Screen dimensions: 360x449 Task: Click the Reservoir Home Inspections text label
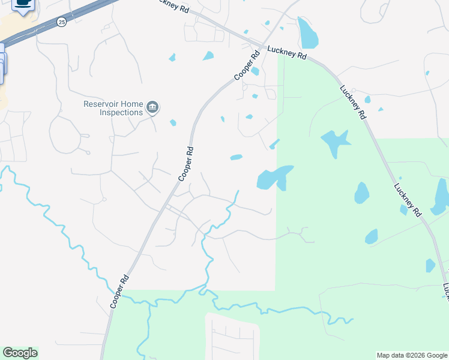click(x=113, y=107)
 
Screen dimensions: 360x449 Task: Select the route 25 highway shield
click(x=62, y=22)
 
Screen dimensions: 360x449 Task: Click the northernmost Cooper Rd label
click(x=247, y=65)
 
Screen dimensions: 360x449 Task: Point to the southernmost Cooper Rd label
click(x=119, y=292)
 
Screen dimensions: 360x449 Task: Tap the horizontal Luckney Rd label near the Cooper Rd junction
click(x=287, y=53)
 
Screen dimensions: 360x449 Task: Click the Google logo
click(x=20, y=353)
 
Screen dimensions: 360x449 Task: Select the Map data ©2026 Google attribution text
click(x=412, y=355)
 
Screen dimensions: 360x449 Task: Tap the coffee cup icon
click(x=23, y=4)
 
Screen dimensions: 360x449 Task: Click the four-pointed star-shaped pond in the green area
click(x=335, y=143)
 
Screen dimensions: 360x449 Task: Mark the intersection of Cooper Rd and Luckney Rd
click(x=260, y=47)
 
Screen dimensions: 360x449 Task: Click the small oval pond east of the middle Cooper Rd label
click(x=236, y=158)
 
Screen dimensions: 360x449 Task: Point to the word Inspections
click(x=121, y=112)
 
